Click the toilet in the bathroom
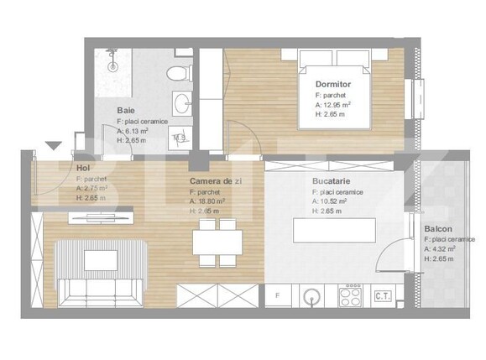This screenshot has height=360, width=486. [178, 73]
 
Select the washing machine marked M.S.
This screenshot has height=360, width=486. [180, 138]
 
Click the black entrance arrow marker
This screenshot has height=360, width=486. [54, 146]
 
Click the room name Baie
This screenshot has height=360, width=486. [125, 111]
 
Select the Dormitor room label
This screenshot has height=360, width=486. [332, 85]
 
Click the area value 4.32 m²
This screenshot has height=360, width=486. [445, 249]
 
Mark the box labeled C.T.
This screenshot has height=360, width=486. [384, 295]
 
